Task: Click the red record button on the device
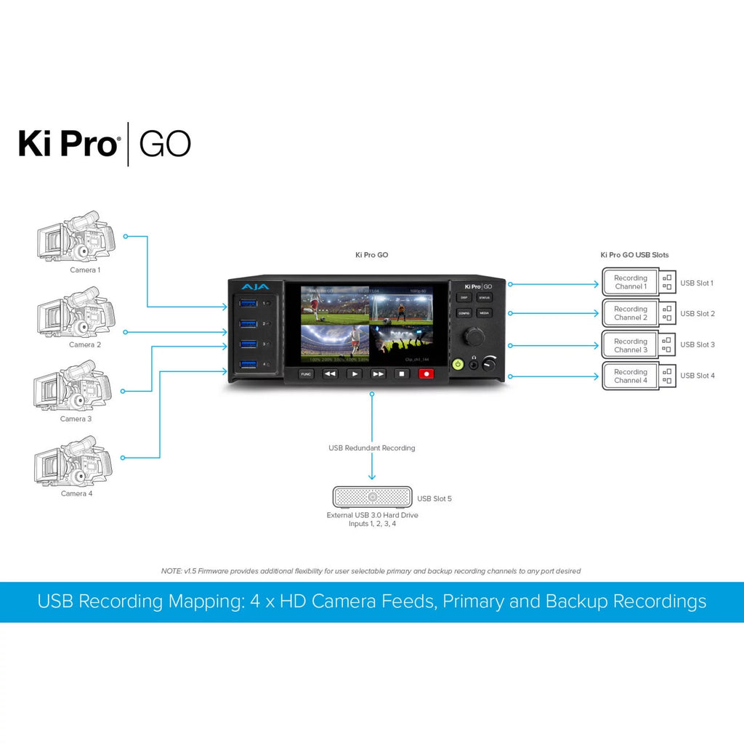click(x=426, y=373)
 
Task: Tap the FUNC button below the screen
click(x=307, y=373)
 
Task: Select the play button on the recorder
click(x=354, y=373)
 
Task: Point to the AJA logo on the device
click(x=255, y=287)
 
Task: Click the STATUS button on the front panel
click(x=485, y=298)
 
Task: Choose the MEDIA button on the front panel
click(x=485, y=312)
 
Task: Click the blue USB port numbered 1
click(x=248, y=303)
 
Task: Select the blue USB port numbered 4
click(x=248, y=364)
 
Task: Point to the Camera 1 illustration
click(x=76, y=237)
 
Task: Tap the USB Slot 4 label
click(x=697, y=376)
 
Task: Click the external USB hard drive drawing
click(x=372, y=498)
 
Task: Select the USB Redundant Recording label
click(x=372, y=448)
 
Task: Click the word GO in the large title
click(x=165, y=144)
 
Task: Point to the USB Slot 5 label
click(x=434, y=499)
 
